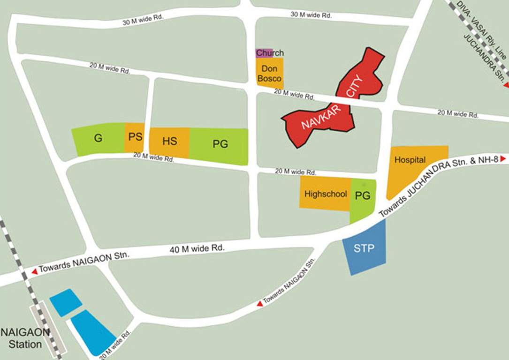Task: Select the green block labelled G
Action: (x=98, y=139)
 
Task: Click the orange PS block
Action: (x=135, y=137)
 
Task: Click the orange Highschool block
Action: (x=325, y=193)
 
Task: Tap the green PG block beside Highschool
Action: (x=363, y=199)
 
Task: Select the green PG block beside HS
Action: (x=220, y=146)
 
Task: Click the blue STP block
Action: (x=365, y=248)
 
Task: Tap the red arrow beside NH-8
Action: (x=502, y=159)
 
